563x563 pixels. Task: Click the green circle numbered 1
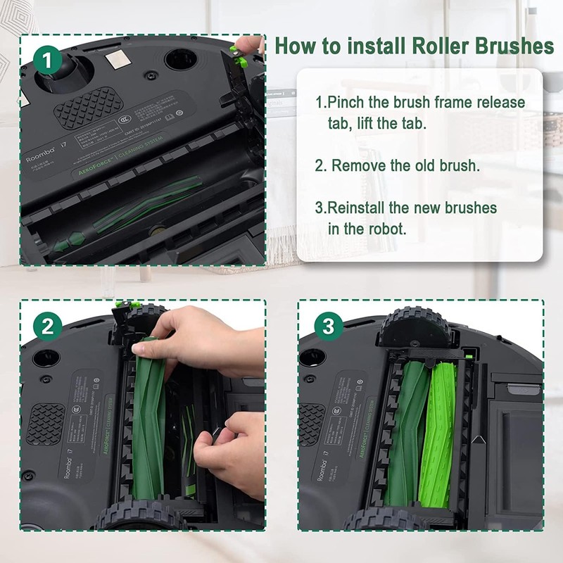[49, 60]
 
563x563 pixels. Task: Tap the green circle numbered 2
[48, 326]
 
